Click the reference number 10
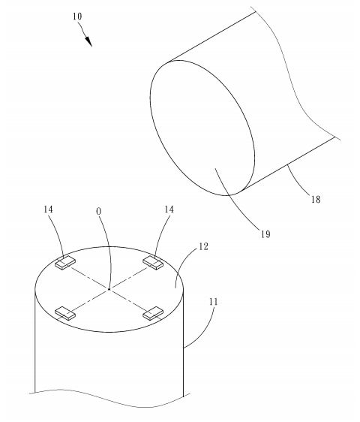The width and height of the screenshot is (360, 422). [x=77, y=17]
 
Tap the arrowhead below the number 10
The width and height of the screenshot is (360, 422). [x=88, y=42]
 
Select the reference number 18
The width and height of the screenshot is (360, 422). [x=316, y=200]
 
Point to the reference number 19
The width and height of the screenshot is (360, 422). [x=265, y=234]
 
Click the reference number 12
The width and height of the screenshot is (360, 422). [x=203, y=246]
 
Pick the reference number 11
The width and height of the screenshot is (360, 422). [x=214, y=302]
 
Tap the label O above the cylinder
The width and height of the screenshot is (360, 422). [x=99, y=212]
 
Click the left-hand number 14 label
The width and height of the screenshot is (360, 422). [x=49, y=209]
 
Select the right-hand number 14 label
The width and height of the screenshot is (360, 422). [x=169, y=209]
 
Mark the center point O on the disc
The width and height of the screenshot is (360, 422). [x=109, y=289]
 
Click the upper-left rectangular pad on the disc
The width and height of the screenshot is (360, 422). [x=65, y=263]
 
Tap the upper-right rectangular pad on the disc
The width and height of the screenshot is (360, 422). [x=153, y=263]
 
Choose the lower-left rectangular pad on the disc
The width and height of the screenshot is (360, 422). [x=65, y=313]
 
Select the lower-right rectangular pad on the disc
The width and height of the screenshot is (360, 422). [x=153, y=313]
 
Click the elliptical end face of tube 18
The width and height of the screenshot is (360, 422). [x=202, y=128]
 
